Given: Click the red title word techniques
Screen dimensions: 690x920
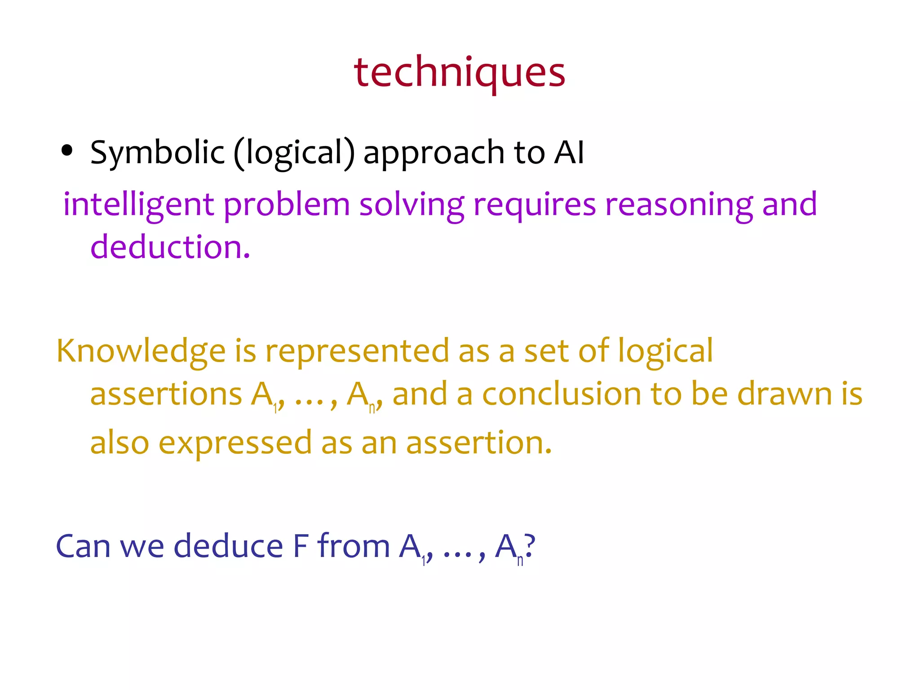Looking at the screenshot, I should [459, 72].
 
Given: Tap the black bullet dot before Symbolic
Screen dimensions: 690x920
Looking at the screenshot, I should [67, 151].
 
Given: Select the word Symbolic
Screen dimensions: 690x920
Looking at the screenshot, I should [157, 153].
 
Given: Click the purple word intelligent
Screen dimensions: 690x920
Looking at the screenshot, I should [138, 205].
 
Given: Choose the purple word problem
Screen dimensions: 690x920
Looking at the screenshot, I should [287, 205].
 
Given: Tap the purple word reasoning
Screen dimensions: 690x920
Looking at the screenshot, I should [678, 205].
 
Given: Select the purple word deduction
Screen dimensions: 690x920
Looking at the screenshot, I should [170, 247].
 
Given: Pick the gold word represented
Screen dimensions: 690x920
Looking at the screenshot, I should [357, 351].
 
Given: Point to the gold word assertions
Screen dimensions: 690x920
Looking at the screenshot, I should [166, 394].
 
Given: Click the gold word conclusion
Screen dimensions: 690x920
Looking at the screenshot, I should [562, 394].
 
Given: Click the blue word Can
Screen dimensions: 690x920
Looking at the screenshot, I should [83, 546].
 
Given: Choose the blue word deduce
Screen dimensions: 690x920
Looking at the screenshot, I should [228, 546].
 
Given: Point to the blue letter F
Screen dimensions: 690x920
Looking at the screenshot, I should [301, 546].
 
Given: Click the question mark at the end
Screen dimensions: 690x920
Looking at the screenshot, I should [530, 546].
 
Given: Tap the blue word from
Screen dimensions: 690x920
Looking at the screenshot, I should [354, 546].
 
